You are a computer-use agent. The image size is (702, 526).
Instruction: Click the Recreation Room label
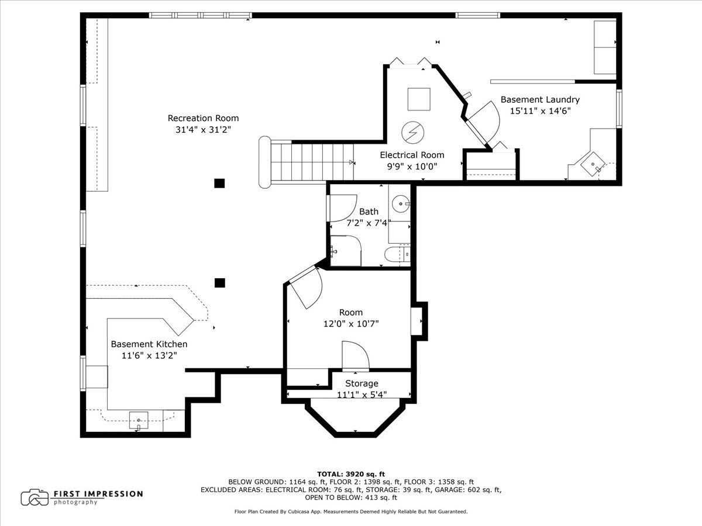(x=203, y=118)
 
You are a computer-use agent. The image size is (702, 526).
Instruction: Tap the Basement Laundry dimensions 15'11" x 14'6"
(x=540, y=111)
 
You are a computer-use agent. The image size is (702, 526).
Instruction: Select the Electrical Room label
(x=412, y=155)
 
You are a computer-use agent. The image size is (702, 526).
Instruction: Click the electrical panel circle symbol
(x=412, y=132)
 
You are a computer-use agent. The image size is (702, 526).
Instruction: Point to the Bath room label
(x=369, y=212)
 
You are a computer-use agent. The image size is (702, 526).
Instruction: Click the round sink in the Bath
(x=401, y=203)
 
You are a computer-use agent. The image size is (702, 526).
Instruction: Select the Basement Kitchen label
(x=149, y=344)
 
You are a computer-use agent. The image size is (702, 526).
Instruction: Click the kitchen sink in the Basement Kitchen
(x=139, y=420)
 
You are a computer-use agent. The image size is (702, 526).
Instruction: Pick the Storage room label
(x=362, y=383)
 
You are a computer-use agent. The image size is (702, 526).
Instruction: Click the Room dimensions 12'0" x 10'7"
(x=351, y=324)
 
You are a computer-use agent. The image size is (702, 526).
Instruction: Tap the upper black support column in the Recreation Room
(x=219, y=184)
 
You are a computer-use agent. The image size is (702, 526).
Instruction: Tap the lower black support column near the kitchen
(x=219, y=283)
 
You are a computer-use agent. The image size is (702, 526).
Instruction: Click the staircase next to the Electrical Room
(x=307, y=162)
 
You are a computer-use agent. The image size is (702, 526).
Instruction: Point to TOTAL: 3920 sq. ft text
(x=351, y=474)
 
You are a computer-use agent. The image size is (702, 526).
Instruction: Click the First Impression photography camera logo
(x=35, y=498)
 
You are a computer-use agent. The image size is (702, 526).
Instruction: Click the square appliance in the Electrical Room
(x=419, y=99)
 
